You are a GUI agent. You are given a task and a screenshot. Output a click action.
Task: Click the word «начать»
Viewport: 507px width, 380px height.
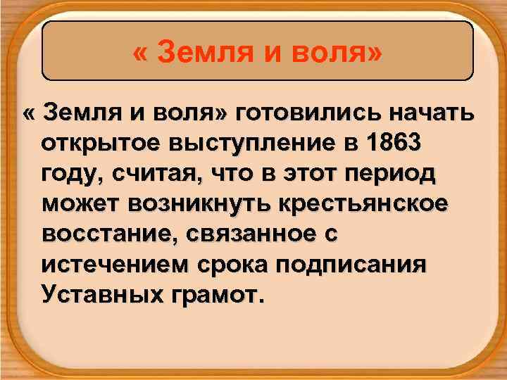point(429,113)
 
